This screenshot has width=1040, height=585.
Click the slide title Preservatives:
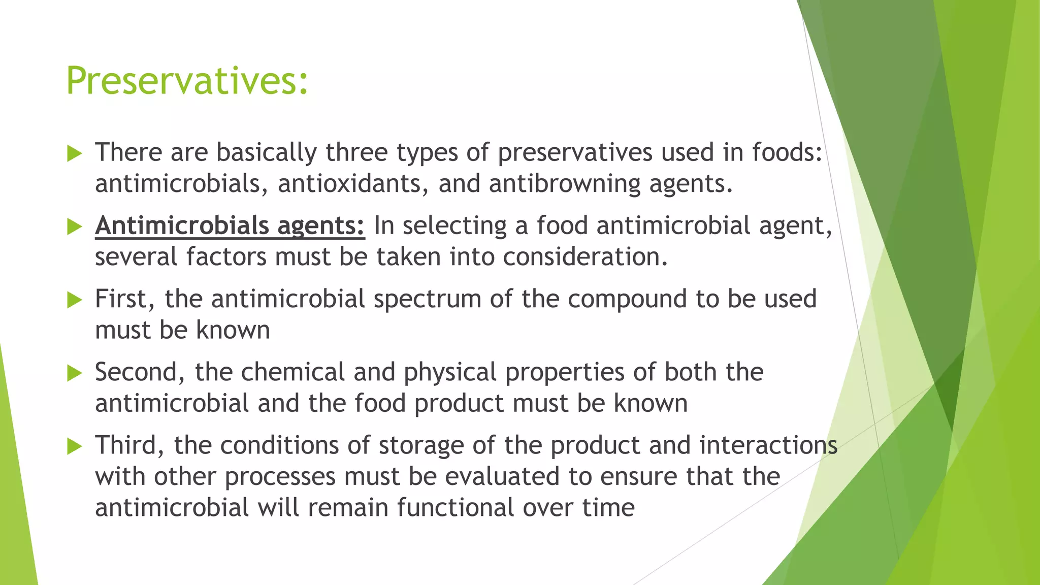pyautogui.click(x=187, y=81)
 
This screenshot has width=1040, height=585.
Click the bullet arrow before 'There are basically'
pyautogui.click(x=74, y=153)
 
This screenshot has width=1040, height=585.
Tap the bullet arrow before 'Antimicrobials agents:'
pyautogui.click(x=74, y=226)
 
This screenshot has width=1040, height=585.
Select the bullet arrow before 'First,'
pyautogui.click(x=74, y=300)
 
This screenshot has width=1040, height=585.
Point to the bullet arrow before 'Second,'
pyautogui.click(x=74, y=373)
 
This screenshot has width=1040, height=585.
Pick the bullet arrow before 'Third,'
pyautogui.click(x=74, y=446)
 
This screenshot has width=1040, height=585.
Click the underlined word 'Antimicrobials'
pyautogui.click(x=182, y=225)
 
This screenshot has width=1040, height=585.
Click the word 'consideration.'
pyautogui.click(x=585, y=257)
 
